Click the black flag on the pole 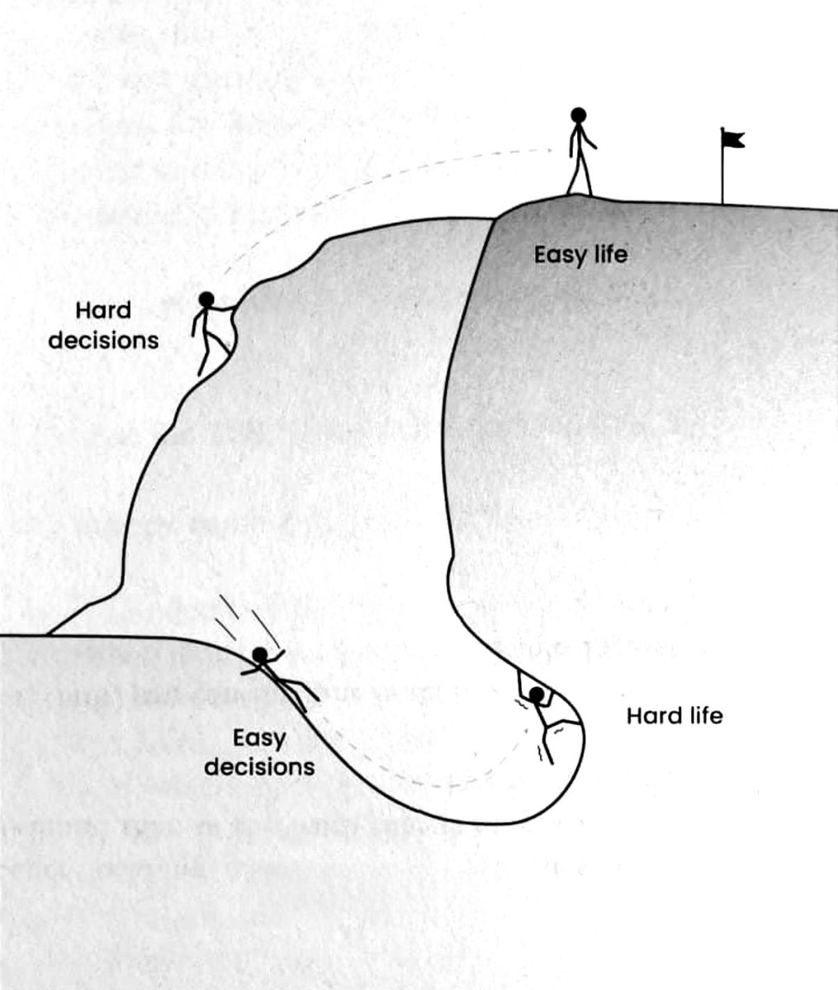733,139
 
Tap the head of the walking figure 579,115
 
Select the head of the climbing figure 206,299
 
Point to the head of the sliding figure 260,654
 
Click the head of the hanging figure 537,694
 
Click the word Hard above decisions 103,310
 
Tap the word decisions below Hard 103,341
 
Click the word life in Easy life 610,254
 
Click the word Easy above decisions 259,739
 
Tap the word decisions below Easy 259,767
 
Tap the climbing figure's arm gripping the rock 224,308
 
